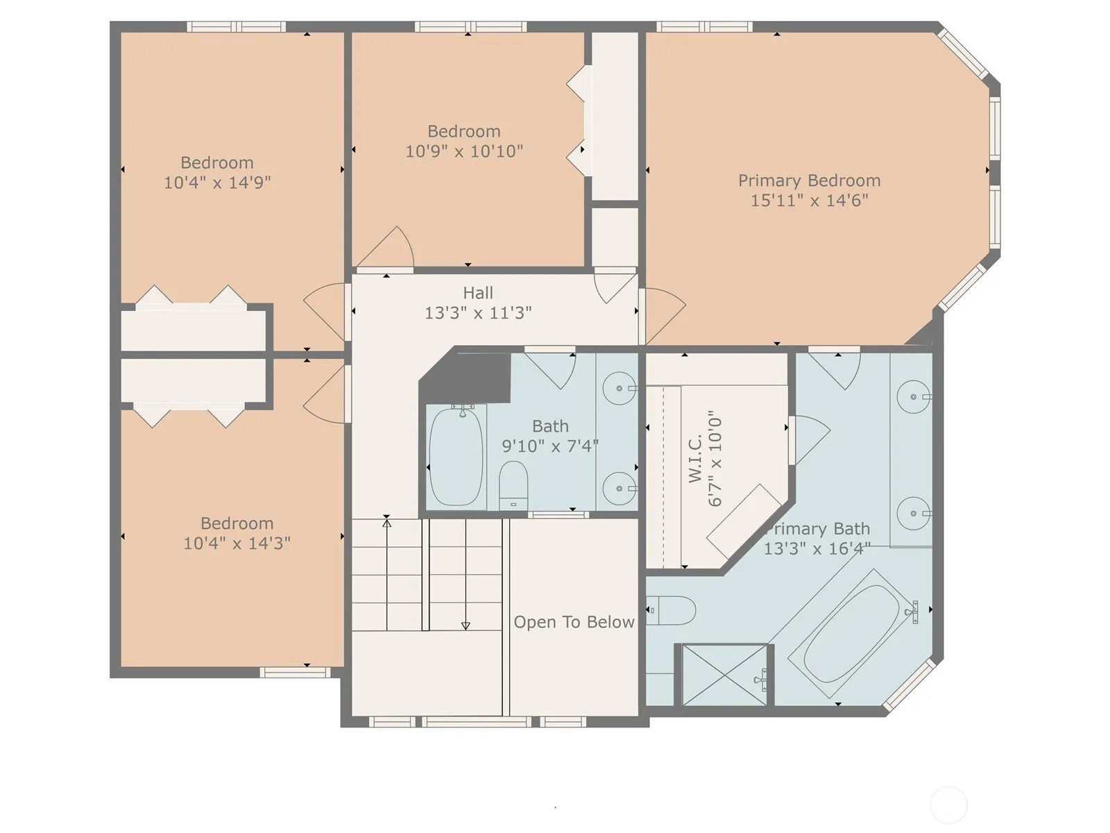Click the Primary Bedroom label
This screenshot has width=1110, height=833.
[809, 180]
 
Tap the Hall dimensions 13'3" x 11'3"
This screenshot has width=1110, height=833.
[478, 313]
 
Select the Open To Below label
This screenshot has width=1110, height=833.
[574, 621]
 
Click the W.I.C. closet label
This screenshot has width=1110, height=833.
[695, 457]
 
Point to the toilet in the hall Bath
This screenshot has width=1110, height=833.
[513, 485]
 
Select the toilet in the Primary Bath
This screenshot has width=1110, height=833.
[671, 610]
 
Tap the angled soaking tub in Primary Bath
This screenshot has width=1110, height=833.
[852, 634]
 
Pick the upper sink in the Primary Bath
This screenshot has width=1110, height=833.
[913, 397]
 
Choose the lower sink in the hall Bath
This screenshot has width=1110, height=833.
[620, 489]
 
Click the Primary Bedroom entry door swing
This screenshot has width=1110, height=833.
[663, 316]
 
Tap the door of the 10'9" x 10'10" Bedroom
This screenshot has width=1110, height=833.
[386, 249]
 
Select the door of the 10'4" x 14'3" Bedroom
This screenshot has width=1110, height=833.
[325, 394]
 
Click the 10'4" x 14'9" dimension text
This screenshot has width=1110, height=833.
[217, 182]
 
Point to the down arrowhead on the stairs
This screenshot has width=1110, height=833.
[466, 626]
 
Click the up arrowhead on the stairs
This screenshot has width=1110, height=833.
[387, 523]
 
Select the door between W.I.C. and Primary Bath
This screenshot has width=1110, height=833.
[809, 439]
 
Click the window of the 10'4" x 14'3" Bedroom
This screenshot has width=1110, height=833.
[296, 673]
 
